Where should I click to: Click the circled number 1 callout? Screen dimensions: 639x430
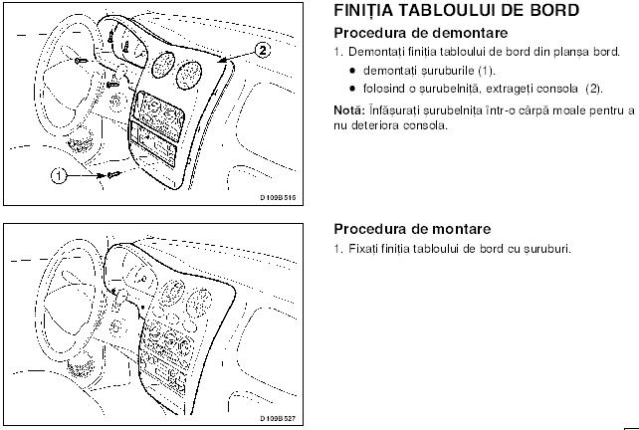[59, 176]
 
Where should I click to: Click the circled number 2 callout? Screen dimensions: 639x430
[263, 50]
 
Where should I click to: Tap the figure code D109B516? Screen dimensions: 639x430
[279, 198]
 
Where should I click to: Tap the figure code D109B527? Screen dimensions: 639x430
[279, 419]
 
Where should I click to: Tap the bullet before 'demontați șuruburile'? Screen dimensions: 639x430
[353, 71]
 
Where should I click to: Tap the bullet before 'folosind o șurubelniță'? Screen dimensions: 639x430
[353, 89]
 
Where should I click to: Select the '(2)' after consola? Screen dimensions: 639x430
[593, 89]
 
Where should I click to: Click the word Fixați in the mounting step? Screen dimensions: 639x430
[363, 249]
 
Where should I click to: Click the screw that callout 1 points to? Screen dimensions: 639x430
[113, 175]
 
